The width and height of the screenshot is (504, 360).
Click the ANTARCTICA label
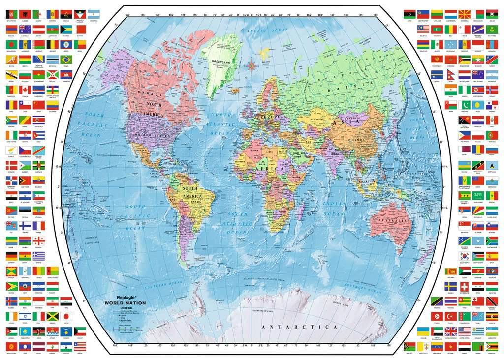tap(299, 327)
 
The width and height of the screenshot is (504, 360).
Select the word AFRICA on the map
tap(270, 169)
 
